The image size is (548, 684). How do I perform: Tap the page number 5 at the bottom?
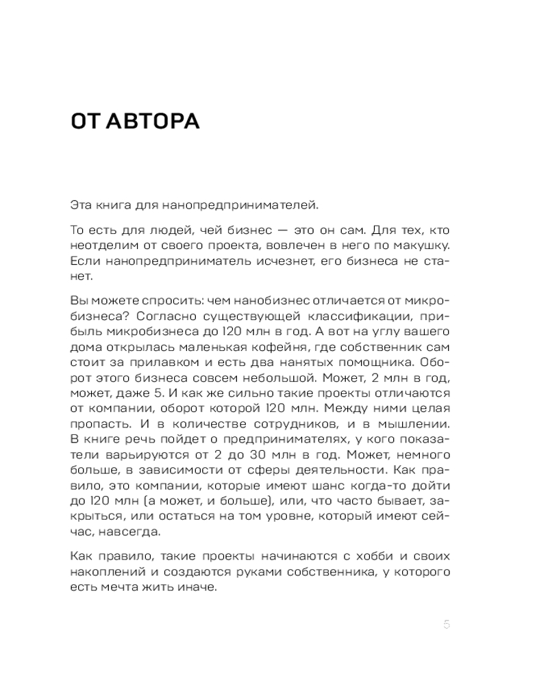pyautogui.click(x=447, y=624)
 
